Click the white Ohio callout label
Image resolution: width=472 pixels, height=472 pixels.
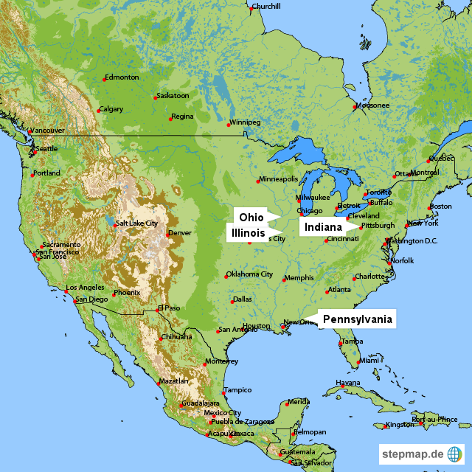[x=251, y=218]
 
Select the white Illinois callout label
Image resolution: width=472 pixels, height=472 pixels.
[x=248, y=232]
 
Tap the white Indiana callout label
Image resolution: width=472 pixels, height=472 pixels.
[x=322, y=227]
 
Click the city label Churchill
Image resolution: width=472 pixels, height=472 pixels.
[x=266, y=7]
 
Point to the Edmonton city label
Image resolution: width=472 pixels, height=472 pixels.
[x=122, y=77]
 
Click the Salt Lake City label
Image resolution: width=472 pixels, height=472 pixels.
[x=137, y=223]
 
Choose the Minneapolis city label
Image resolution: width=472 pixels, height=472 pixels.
[x=279, y=178]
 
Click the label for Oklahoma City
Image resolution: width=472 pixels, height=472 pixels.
[x=250, y=274]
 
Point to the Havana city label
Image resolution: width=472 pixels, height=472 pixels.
[x=348, y=383]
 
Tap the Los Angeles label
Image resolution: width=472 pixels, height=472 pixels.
[x=86, y=287]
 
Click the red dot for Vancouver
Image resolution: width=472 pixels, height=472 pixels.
[x=29, y=133]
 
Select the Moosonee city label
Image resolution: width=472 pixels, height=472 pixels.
[x=372, y=105]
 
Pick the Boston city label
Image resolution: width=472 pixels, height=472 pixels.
[x=441, y=206]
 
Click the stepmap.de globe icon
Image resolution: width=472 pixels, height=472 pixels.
[x=456, y=454]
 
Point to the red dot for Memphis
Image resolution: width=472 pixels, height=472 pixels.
[x=283, y=280]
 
